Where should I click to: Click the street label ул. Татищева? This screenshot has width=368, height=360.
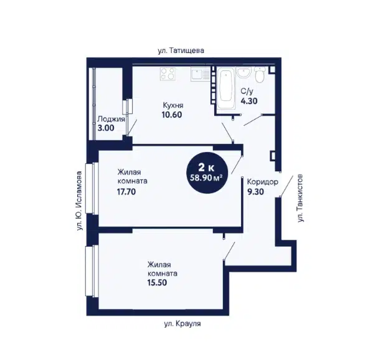coord(181,50)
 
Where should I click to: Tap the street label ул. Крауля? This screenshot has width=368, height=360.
coord(182,324)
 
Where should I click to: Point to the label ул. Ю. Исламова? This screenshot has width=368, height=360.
coord(80,201)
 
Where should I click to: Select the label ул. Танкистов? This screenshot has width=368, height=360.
coord(300,198)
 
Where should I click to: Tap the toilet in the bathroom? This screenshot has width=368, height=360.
coord(260,74)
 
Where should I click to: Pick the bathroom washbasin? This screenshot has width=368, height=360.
coord(244,72)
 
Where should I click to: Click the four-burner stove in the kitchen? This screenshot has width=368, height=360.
coord(167,73)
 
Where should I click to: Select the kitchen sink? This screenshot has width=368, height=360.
coord(200,74)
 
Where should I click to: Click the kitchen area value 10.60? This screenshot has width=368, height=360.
coord(172,115)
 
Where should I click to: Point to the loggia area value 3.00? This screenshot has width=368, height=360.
coord(106,128)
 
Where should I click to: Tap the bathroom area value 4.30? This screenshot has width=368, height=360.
coord(249,101)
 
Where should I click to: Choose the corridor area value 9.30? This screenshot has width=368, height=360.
coord(255,192)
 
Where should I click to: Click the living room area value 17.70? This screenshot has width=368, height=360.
coord(126,192)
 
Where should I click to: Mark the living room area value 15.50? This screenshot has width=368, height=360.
coord(157,282)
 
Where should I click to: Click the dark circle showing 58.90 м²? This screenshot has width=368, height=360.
coord(207,173)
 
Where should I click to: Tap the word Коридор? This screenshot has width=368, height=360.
coord(263,182)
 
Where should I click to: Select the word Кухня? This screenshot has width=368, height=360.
coord(173,105)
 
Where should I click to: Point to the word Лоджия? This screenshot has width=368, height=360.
coord(111,119)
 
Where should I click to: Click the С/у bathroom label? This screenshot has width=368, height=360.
coord(247,91)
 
